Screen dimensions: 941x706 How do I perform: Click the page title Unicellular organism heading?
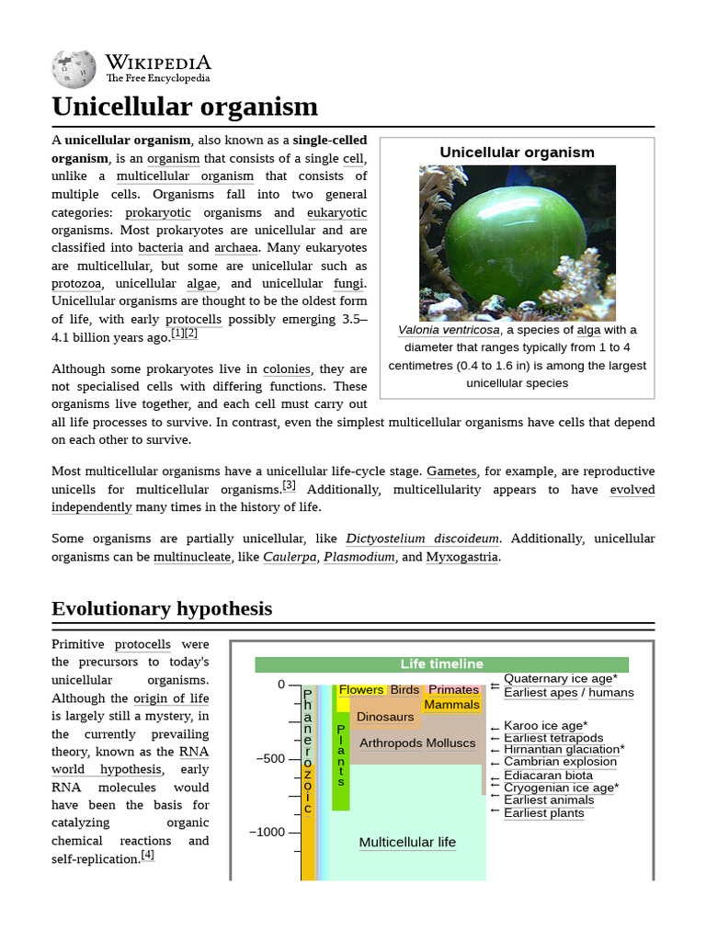click(185, 107)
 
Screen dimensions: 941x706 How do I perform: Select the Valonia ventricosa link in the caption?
click(449, 330)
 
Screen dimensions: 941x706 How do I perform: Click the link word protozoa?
click(76, 284)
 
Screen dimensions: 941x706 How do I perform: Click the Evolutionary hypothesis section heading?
click(162, 608)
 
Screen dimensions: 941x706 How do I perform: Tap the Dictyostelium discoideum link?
click(422, 539)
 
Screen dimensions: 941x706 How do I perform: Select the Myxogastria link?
click(462, 557)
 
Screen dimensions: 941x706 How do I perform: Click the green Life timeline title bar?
click(441, 664)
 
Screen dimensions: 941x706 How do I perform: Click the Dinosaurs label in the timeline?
click(385, 717)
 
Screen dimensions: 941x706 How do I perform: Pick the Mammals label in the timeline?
click(451, 705)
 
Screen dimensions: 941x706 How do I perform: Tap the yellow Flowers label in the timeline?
click(361, 690)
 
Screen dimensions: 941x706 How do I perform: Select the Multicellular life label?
click(407, 843)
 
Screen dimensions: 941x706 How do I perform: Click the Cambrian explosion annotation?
click(560, 762)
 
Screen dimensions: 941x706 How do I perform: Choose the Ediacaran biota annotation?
click(548, 776)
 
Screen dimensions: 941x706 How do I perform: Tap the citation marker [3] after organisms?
click(289, 485)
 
